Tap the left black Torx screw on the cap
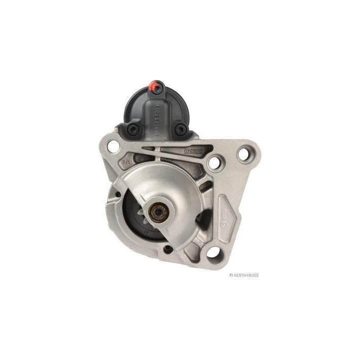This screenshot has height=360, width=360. (x=132, y=129)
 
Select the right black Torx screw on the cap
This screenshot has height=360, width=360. (x=180, y=129)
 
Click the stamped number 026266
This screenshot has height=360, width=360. (x=192, y=149)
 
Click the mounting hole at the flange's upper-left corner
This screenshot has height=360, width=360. (x=113, y=146)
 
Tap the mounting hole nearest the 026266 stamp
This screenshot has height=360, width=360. (x=215, y=162)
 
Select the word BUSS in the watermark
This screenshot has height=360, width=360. (x=252, y=275)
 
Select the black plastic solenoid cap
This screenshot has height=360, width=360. (x=156, y=110)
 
